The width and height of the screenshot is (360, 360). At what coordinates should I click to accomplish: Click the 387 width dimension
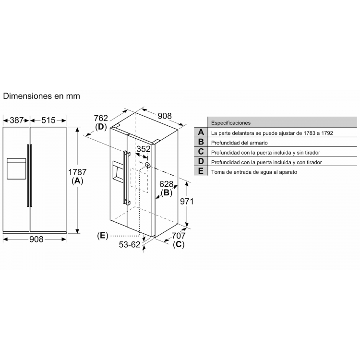(x=16, y=120)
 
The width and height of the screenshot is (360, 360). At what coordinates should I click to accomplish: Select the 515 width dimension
(x=48, y=120)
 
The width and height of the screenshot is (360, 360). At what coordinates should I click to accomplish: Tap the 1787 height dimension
(x=77, y=172)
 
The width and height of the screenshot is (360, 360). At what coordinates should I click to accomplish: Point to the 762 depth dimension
(x=101, y=118)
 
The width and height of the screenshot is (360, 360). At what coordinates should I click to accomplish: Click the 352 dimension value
(x=144, y=149)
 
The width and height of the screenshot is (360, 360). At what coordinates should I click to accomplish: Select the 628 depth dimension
(x=166, y=184)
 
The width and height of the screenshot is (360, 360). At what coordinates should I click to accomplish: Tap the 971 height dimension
(x=187, y=201)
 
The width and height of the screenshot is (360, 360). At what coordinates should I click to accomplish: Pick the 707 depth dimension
(x=179, y=236)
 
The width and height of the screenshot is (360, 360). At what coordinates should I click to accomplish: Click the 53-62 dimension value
(x=130, y=244)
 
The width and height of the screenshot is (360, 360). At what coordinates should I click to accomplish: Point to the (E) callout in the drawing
(x=102, y=236)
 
